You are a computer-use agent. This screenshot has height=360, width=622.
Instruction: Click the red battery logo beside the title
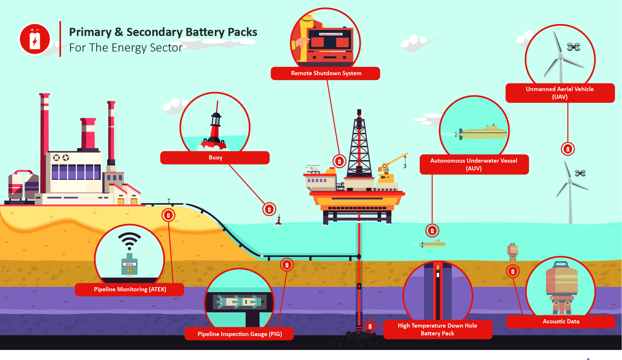35,39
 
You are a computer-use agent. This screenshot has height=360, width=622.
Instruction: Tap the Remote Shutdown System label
325,73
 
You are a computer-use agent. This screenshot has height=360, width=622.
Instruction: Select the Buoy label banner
215,157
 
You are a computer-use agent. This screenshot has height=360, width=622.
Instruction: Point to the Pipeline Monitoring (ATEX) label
130,289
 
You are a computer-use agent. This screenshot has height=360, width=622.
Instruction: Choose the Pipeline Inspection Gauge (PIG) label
239,334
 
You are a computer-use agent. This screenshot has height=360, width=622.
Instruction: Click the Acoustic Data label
560,321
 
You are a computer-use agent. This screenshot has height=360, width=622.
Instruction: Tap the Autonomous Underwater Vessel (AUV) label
474,164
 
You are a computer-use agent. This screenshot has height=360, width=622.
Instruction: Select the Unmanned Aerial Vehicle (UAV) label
560,93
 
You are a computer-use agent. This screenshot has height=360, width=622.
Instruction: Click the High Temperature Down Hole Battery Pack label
437,330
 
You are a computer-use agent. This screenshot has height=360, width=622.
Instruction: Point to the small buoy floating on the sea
278,220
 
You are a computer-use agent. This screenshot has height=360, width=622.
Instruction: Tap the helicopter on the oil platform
313,168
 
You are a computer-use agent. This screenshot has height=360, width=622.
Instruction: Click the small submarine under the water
433,244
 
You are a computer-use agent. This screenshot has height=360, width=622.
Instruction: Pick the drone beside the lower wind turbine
580,173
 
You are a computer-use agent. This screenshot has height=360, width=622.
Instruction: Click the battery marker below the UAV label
568,149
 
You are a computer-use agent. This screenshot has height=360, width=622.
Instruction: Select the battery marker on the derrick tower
339,161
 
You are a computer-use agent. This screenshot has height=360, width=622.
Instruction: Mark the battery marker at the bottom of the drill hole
370,326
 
